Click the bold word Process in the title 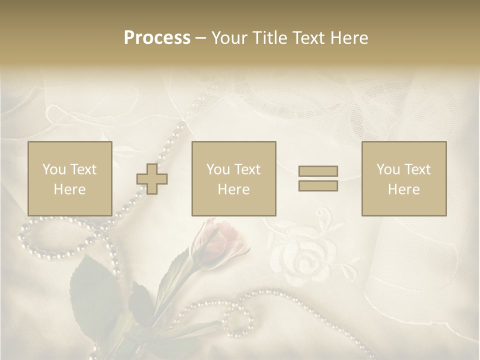point(157,38)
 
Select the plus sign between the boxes point(152,179)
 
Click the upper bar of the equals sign point(318,171)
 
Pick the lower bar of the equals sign point(318,185)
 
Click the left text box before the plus point(70,178)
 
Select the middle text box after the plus point(233,178)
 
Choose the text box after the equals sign point(403,178)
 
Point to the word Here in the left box point(69,189)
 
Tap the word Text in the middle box point(247,169)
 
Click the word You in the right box point(388,169)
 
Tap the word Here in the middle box point(233,189)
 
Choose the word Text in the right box point(417,169)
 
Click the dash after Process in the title point(201,38)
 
